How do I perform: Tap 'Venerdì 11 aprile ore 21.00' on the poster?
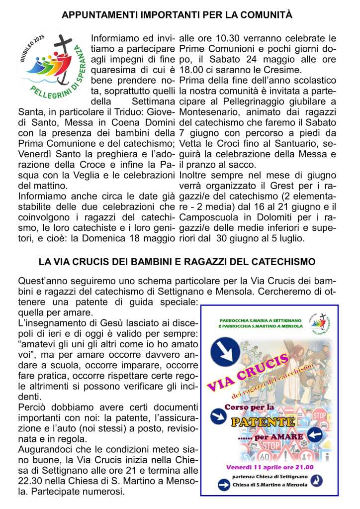coord(270,467)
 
